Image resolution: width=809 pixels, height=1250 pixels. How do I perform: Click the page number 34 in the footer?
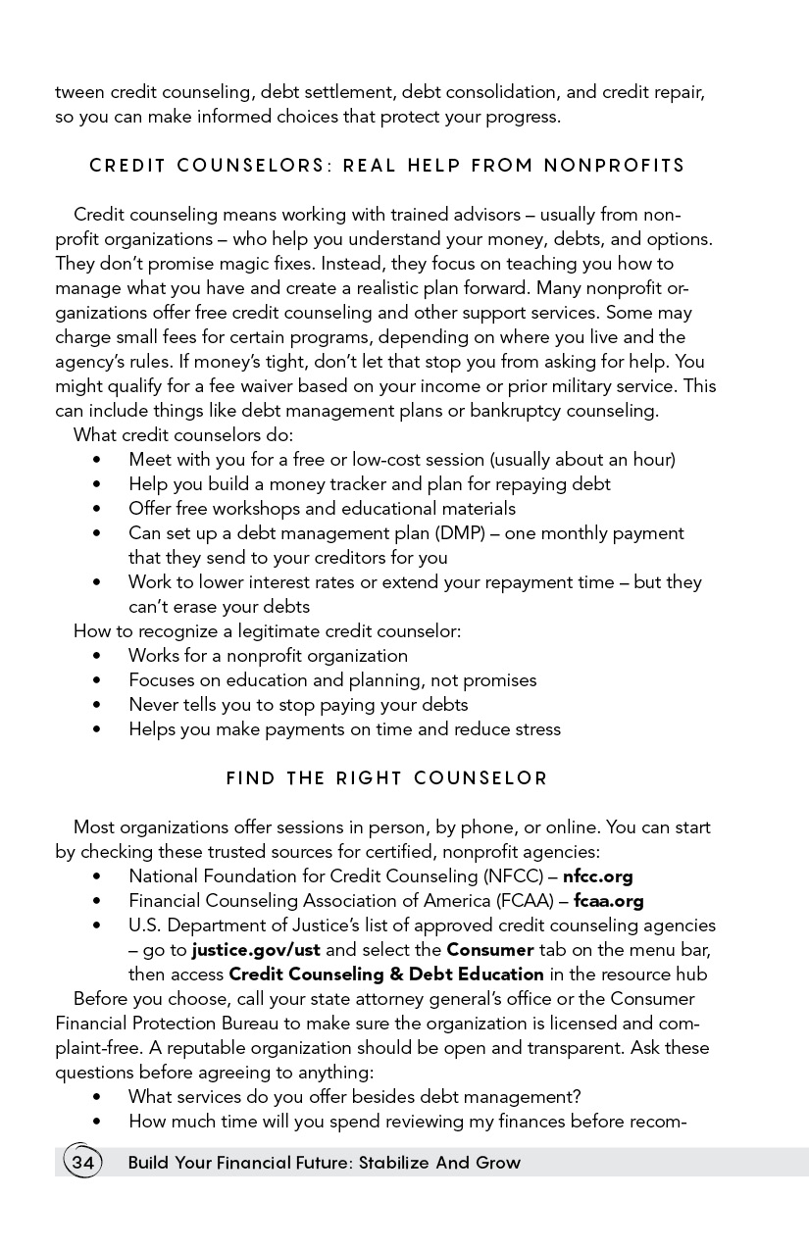click(x=82, y=1163)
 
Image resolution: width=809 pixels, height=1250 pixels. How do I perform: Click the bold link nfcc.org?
click(x=597, y=876)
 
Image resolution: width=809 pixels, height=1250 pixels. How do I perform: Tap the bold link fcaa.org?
click(x=608, y=901)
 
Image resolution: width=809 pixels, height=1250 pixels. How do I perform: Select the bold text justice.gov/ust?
click(x=256, y=950)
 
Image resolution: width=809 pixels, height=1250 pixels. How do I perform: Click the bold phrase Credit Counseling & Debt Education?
click(x=385, y=975)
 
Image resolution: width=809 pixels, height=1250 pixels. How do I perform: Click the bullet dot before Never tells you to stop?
click(x=96, y=705)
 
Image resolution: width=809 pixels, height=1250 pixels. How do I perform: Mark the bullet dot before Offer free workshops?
click(x=96, y=509)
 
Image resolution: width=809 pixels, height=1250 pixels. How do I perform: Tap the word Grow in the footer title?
click(x=498, y=1163)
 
